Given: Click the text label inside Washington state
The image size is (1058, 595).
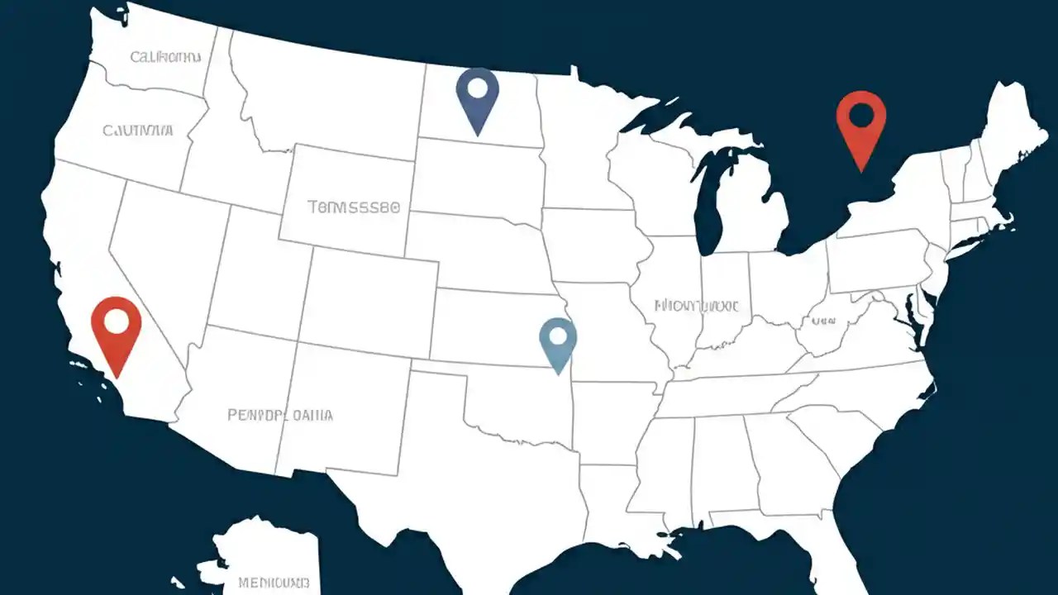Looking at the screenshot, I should click(x=165, y=57).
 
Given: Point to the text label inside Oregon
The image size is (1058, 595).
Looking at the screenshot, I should click(x=138, y=130).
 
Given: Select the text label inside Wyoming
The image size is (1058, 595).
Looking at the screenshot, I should click(x=354, y=207).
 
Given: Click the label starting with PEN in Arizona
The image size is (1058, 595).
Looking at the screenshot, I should click(x=280, y=415).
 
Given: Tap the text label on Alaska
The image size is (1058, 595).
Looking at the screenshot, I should click(x=274, y=582).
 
